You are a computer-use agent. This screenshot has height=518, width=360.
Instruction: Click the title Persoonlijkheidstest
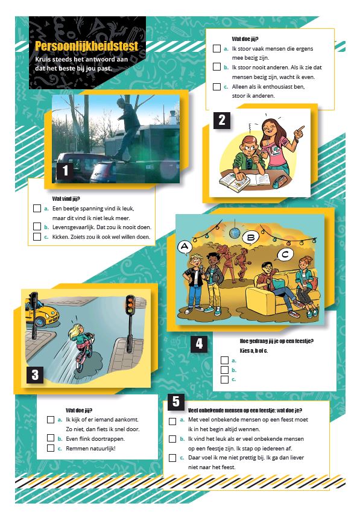click(86, 46)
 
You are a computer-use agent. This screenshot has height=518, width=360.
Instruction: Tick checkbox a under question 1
click(37, 209)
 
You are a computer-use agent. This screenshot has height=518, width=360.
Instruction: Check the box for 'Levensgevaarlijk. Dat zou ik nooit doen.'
click(37, 227)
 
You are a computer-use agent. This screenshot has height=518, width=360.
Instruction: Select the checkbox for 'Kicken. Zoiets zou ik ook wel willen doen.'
click(37, 236)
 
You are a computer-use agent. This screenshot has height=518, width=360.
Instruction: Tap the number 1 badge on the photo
click(65, 170)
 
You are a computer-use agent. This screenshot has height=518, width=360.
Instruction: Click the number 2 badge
click(222, 120)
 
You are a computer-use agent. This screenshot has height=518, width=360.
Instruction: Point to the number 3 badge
click(35, 374)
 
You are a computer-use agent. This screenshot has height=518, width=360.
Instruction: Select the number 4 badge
click(199, 344)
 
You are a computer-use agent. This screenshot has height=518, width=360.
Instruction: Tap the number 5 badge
click(176, 402)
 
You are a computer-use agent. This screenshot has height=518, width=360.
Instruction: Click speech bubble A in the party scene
click(185, 247)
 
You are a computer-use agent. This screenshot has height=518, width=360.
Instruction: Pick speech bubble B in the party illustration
click(251, 237)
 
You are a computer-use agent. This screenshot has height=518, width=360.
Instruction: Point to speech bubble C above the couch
click(285, 254)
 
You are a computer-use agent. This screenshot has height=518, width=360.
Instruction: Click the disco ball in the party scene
click(235, 233)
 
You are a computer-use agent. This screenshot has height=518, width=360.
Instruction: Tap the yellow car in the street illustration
click(42, 314)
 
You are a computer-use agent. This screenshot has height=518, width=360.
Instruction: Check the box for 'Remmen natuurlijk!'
click(51, 448)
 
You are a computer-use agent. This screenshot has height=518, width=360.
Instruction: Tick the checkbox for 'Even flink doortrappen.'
click(51, 438)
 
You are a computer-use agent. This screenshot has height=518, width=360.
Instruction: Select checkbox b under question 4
click(224, 370)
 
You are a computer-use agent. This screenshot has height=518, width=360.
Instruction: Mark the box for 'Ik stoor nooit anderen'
click(216, 67)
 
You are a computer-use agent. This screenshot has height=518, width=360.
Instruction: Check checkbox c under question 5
click(172, 458)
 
